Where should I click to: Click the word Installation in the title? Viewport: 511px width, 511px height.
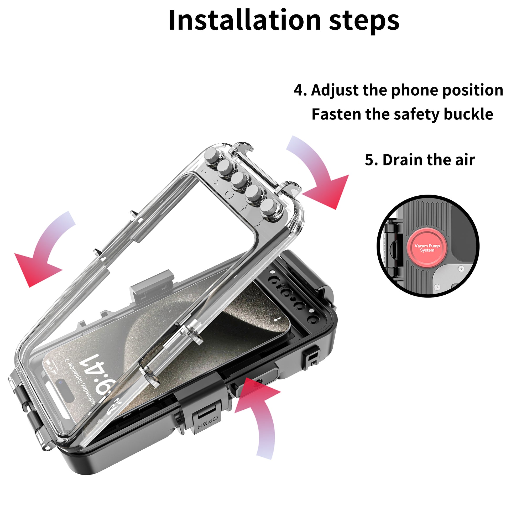(244, 21)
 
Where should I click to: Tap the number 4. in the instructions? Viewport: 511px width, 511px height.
(300, 90)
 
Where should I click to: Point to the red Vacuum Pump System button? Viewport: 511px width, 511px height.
(427, 248)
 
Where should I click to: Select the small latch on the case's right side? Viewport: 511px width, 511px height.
(312, 359)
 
